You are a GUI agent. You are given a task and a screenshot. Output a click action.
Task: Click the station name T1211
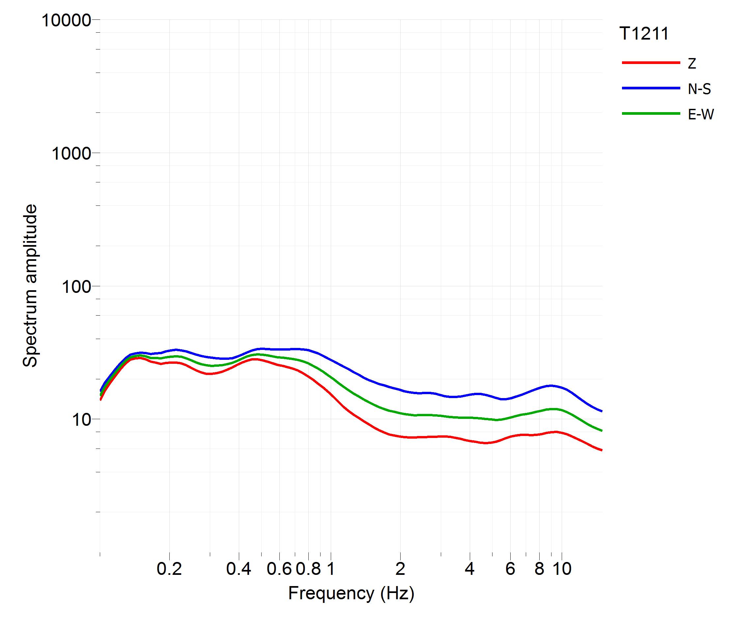644,34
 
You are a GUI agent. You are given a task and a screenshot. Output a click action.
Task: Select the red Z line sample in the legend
651,63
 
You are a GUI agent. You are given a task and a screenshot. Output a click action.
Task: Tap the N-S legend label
699,89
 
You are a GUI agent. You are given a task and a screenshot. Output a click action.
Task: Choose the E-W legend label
700,114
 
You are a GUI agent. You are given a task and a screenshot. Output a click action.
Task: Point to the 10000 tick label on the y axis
66,20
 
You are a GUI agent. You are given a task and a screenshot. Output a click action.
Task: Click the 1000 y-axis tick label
71,154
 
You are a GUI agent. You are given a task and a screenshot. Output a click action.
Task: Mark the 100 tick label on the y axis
76,287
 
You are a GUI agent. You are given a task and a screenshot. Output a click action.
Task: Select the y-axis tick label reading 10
81,420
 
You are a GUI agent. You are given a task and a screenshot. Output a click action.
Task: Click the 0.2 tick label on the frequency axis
169,569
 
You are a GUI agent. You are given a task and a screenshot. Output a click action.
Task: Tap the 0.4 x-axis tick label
239,569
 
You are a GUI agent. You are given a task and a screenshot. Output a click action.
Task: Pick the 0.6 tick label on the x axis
279,569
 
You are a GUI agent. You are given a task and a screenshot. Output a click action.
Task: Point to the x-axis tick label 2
400,569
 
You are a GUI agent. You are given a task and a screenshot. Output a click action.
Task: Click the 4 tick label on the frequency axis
469,569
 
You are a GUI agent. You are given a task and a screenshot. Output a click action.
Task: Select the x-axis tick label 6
510,569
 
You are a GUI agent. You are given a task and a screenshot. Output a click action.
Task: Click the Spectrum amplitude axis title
30,285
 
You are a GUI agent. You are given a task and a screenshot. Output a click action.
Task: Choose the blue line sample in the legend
651,88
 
